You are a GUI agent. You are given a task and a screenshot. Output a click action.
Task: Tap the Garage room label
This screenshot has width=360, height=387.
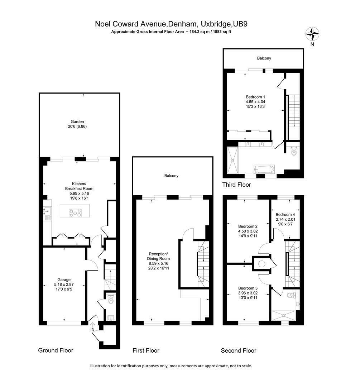[64, 279]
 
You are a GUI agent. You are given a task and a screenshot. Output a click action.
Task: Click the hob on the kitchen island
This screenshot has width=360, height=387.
[76, 213]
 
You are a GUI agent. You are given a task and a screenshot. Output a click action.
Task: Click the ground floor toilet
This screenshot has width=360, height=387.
[111, 299]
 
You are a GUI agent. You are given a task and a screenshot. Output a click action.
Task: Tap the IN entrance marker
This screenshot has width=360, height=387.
[92, 329]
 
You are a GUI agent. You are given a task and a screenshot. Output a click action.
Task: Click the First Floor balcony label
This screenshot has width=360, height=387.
[171, 176]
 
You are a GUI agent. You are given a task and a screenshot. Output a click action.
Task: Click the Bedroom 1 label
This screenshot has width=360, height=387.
[255, 97]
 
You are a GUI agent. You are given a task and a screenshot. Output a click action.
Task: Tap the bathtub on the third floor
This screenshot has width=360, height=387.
[264, 169]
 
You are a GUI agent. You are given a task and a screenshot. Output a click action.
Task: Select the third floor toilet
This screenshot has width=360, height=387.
[294, 151]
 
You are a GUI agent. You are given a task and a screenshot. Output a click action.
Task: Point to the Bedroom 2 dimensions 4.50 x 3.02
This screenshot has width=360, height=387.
[248, 231]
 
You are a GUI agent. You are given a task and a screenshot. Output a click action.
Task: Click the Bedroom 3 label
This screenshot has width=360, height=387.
[248, 288]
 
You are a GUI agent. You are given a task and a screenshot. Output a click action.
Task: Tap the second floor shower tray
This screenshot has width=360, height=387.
[284, 315]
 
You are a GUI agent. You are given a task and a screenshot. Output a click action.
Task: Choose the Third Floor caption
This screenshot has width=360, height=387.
[236, 185]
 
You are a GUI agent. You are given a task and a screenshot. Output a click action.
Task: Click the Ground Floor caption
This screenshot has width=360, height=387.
[56, 350]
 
